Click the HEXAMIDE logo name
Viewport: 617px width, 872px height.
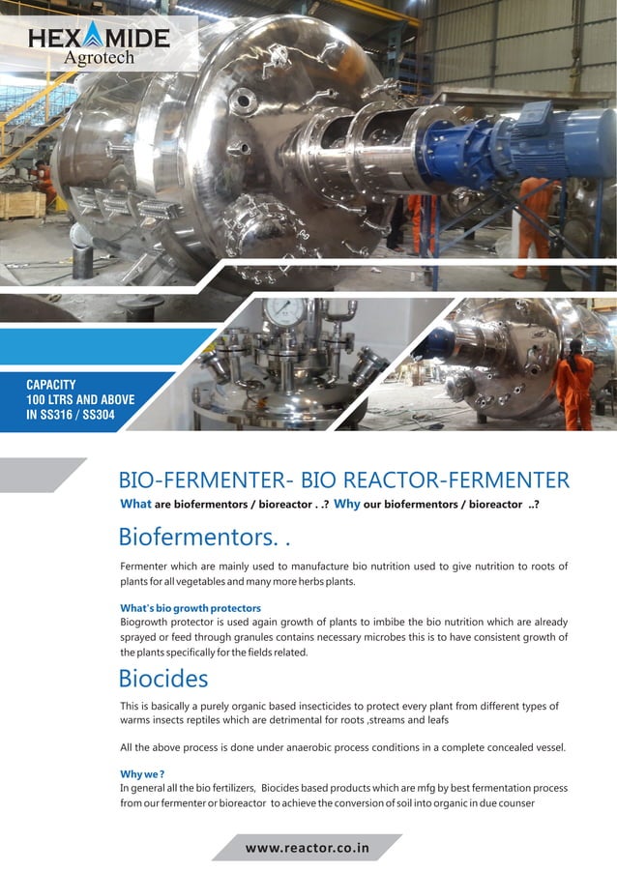coord(99,39)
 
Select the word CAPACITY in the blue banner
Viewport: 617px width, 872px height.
coord(51,385)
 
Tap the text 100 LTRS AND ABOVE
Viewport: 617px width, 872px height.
coord(80,400)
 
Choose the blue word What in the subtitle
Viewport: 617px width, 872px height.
coord(135,504)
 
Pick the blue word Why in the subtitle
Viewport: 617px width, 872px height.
coord(346,504)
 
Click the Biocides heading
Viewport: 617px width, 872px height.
coord(162,678)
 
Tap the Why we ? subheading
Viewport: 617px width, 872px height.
coord(141,774)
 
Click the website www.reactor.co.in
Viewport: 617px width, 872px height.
coord(308,848)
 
